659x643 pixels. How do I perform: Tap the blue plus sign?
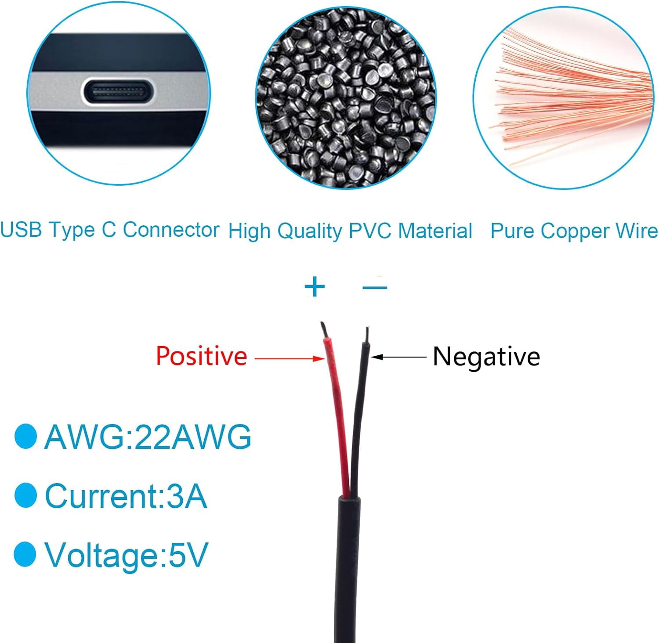315,287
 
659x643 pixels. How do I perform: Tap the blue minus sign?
375,287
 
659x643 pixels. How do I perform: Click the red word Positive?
201,356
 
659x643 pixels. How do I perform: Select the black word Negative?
486,356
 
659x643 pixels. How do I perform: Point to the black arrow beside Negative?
399,357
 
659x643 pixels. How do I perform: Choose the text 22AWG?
192,437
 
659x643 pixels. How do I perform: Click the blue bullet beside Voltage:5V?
25,554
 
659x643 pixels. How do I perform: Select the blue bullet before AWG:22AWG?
25,437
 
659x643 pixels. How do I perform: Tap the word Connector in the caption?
171,229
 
